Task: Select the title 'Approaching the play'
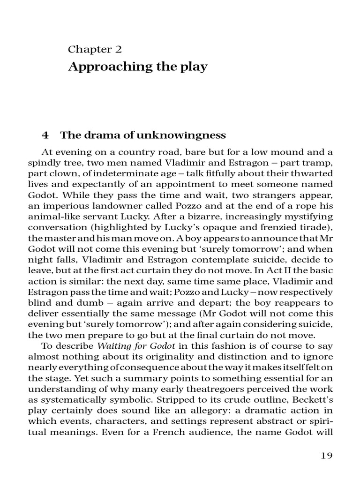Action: point(137,67)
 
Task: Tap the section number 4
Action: point(45,135)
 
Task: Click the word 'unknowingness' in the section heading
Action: point(187,135)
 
